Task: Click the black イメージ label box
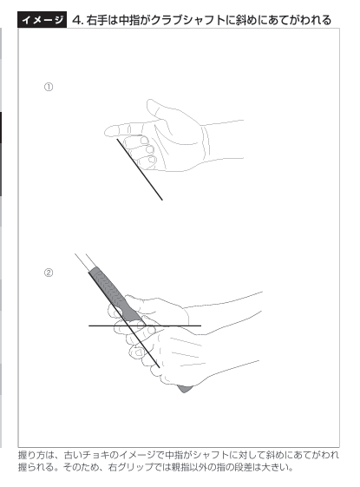coord(42,20)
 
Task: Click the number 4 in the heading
coord(76,20)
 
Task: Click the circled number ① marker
coord(49,87)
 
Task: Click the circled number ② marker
coord(49,273)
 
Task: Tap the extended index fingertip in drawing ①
coord(108,131)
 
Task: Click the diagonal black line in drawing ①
coord(140,169)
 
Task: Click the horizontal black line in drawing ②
coord(145,326)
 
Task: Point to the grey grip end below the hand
coord(185,389)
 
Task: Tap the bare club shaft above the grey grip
coord(83,261)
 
